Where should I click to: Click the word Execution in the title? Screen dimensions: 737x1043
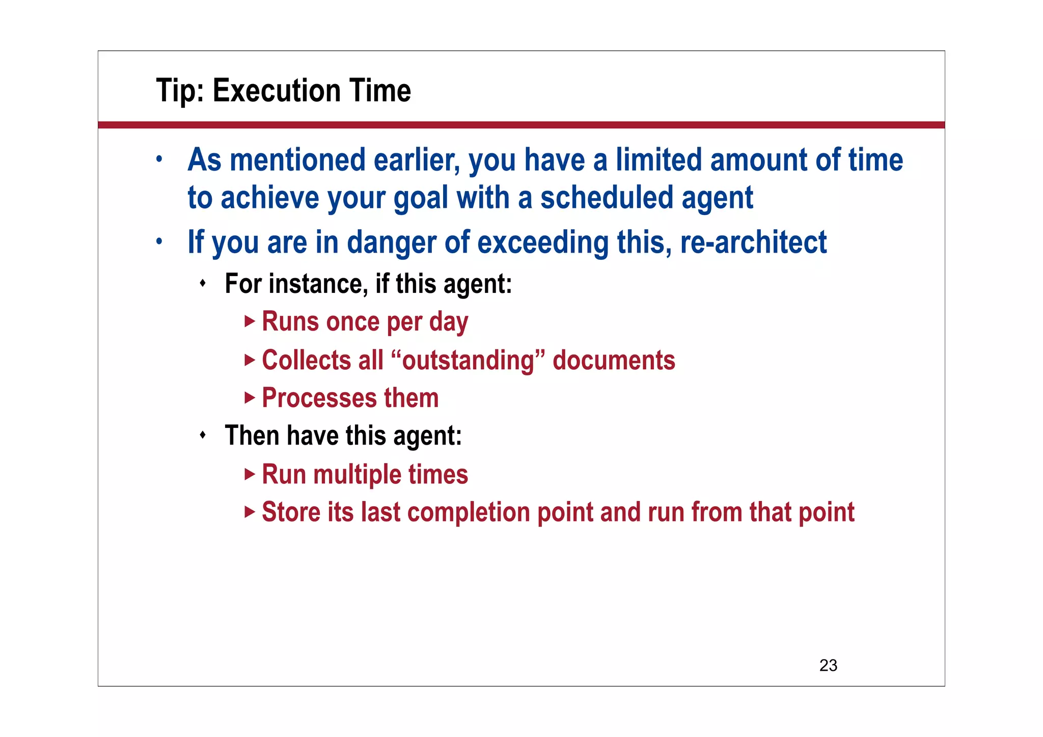point(276,91)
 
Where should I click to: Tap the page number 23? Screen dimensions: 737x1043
point(828,665)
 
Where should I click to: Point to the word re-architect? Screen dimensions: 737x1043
point(753,242)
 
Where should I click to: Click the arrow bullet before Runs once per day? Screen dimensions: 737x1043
point(250,321)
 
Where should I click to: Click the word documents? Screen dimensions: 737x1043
point(614,360)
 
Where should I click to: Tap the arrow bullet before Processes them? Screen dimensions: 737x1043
point(250,397)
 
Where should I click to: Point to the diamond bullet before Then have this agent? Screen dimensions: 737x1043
point(203,435)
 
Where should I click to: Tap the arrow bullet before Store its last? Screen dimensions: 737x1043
point(250,512)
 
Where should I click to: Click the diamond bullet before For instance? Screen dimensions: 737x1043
point(203,283)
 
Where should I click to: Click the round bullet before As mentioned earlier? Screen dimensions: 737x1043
point(159,159)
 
